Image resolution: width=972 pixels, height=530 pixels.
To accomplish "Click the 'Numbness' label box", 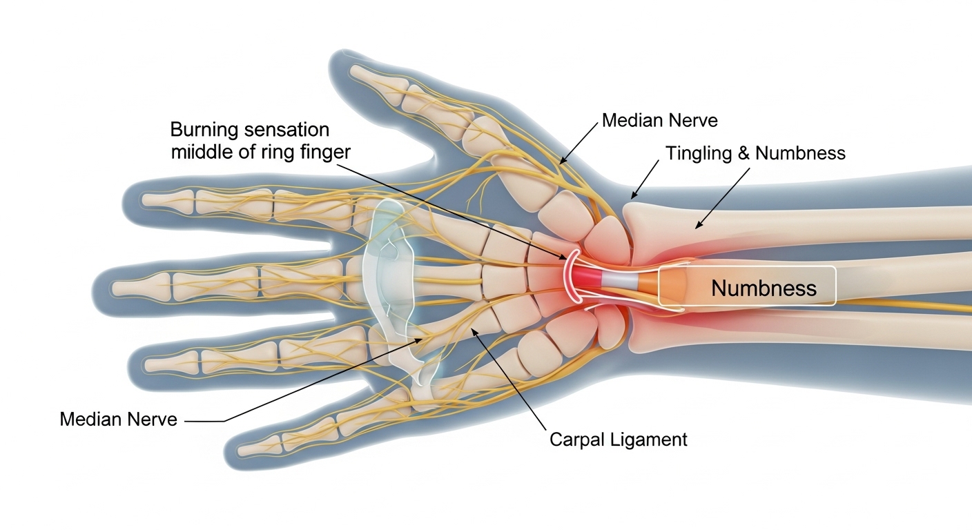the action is coord(747,286).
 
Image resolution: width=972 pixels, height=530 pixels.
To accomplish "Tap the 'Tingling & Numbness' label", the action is coord(755,153).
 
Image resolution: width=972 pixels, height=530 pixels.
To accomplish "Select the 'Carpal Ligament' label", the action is coord(618,439).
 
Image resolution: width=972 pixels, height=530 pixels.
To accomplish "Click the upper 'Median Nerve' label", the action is coord(659,121).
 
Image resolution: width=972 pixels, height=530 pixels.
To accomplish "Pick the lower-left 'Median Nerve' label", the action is coord(118,418).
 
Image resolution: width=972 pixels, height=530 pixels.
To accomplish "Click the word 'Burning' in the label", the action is coord(206,129).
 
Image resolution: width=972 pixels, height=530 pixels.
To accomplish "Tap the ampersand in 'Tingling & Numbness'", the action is coord(743,153).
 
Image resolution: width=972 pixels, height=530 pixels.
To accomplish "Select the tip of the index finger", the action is coord(145,200).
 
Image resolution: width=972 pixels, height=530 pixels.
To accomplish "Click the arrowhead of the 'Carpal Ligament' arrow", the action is coord(473,331).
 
